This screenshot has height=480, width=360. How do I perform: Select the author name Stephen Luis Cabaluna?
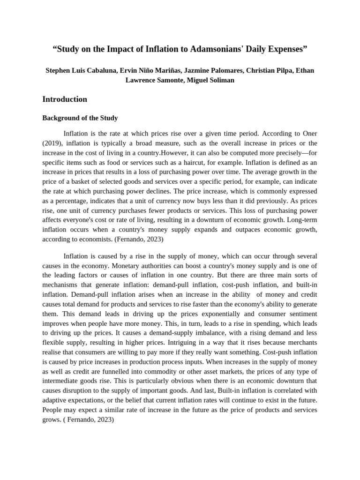pos(81,70)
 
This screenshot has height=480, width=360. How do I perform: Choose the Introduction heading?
pos(65,99)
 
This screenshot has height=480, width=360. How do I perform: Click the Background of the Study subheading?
pos(80,118)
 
